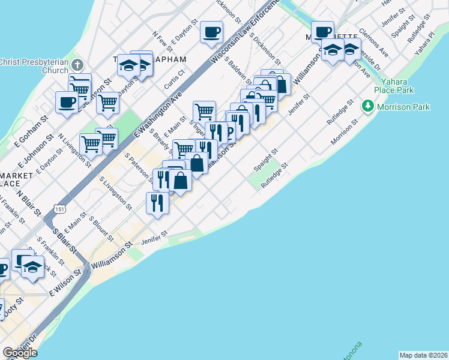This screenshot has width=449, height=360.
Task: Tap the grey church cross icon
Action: click(x=77, y=65)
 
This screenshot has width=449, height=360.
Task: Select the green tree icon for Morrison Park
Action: click(x=367, y=107)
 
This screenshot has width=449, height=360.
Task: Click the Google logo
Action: click(x=20, y=352)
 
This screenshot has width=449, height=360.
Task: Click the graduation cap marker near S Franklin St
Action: click(x=34, y=268)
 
